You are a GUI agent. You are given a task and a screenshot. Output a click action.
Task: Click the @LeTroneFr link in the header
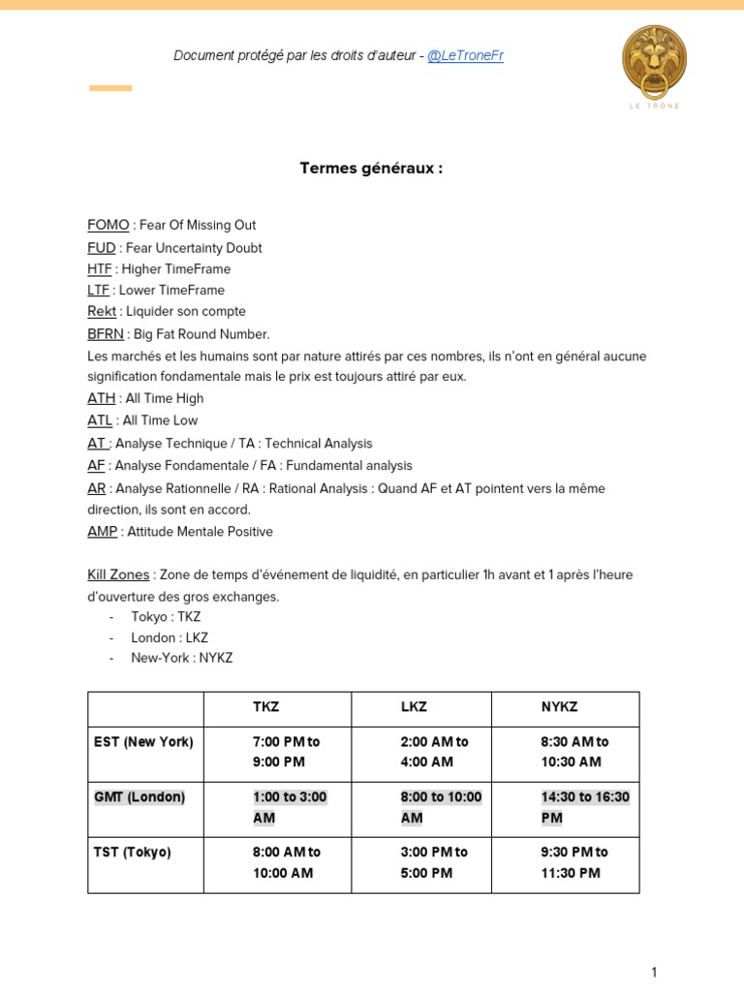pos(465,55)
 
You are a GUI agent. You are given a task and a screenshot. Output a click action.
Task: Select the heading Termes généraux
pos(371,168)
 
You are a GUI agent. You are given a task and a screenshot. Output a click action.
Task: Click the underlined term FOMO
pos(108,225)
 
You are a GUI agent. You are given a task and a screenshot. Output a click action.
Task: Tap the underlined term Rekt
pos(102,311)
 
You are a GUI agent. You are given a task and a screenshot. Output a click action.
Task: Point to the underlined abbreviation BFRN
pos(106,334)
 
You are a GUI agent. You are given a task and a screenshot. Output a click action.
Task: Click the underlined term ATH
pos(102,398)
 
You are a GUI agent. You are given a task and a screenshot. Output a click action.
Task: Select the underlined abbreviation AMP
pos(103,532)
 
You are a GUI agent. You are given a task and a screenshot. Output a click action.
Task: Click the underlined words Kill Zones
pos(119,574)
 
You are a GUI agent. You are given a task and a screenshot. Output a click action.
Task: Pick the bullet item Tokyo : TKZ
pos(166,616)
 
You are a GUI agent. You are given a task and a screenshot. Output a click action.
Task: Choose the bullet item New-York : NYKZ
pos(182,658)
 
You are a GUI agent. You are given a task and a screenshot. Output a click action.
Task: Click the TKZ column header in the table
pos(265,707)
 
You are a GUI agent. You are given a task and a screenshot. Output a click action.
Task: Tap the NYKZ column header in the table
pos(559,707)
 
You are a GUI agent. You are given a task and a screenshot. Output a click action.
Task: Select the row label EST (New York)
pos(143,742)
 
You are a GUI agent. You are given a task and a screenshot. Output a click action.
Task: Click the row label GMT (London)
pos(139,797)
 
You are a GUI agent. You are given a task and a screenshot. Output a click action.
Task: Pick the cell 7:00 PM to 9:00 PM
pos(286,752)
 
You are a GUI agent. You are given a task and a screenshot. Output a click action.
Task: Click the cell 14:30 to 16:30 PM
pos(585,807)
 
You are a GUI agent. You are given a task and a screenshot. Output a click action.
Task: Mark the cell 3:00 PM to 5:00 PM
pos(434,862)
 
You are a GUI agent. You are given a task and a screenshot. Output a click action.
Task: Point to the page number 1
pos(654,973)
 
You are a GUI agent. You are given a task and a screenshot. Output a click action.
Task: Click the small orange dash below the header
pos(110,88)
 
